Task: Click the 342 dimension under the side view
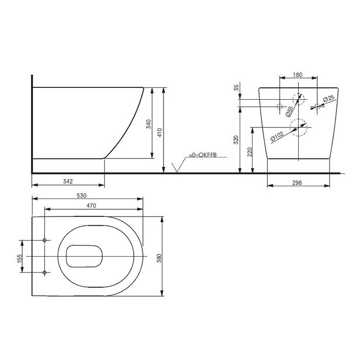coord(68,182)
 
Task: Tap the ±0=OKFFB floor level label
coord(203,154)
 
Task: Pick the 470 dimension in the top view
coord(92,205)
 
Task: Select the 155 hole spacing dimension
coord(20,256)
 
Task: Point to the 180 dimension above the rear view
coord(297,75)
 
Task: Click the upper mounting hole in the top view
coord(45,241)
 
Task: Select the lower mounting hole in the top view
coord(45,272)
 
